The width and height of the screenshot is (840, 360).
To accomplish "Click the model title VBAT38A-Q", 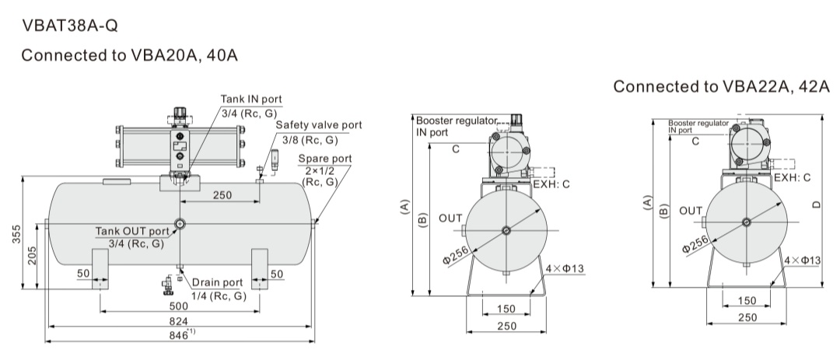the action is (70, 25).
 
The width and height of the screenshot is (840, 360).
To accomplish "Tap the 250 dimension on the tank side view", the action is (222, 195).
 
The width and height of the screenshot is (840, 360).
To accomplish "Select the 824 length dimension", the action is (179, 321).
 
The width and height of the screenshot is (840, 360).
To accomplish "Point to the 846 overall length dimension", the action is (179, 335).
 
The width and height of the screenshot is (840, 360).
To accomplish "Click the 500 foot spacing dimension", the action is (179, 306).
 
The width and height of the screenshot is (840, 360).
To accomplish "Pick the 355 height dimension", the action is (16, 234).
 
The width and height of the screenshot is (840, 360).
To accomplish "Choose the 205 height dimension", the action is (32, 256).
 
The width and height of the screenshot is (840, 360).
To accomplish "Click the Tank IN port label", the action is (251, 99).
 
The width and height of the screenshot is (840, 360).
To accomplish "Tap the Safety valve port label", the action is (319, 125).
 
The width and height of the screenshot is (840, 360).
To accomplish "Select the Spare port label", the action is (325, 159).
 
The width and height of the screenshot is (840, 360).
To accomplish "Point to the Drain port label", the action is (218, 282).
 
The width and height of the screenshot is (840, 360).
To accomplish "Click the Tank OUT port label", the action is (132, 232).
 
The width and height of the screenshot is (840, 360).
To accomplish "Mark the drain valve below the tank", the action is (168, 285).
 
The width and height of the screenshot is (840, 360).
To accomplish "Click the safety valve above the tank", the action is (275, 159).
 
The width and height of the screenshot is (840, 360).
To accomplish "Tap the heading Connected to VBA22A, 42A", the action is (721, 86).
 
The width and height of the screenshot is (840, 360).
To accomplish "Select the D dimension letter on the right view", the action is (817, 204).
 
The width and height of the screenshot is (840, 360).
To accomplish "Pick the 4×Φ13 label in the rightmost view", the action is (803, 260).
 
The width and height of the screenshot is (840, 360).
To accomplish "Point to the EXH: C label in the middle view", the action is (551, 184).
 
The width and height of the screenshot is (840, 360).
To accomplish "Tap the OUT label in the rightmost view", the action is (691, 211).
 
